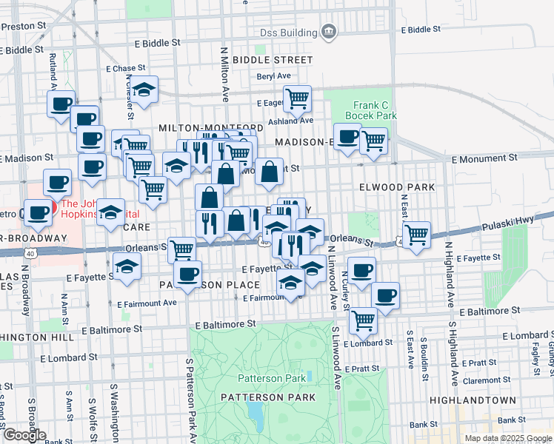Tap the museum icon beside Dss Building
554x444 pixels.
(328, 32)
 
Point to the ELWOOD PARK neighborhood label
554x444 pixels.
(397, 187)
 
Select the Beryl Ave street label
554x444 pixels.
(274, 75)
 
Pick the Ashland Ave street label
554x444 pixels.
(292, 121)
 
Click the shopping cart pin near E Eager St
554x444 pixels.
(297, 98)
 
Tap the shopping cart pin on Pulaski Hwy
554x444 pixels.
(417, 235)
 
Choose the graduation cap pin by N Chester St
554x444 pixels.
(144, 90)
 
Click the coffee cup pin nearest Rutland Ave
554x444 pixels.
(61, 104)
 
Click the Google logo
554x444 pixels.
(24, 435)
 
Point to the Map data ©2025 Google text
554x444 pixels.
(507, 438)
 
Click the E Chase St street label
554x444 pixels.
(130, 68)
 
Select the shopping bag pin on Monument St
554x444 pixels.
(271, 172)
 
